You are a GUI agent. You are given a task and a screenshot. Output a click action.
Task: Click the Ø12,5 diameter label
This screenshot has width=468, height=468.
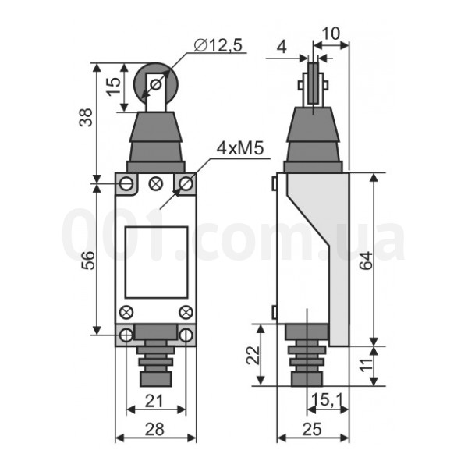[x=218, y=45]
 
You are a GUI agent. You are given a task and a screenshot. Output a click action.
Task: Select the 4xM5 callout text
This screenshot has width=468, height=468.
[x=240, y=148]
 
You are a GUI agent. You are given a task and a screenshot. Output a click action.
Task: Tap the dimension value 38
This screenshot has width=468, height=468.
[x=87, y=117]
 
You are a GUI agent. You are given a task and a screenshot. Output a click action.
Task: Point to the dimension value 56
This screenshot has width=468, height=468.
[x=88, y=261]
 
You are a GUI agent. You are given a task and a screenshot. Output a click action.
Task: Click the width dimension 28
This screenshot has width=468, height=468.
[x=154, y=429]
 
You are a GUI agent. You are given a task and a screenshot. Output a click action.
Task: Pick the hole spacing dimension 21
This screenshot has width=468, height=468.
[x=154, y=401]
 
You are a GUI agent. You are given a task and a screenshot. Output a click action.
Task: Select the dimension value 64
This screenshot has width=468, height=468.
[x=366, y=261]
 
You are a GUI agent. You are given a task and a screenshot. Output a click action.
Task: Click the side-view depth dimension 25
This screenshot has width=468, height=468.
[x=312, y=429]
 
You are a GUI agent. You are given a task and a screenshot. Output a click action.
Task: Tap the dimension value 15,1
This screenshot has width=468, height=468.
[x=328, y=399]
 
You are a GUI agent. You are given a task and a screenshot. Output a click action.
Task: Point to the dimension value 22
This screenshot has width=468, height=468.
[x=253, y=355]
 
